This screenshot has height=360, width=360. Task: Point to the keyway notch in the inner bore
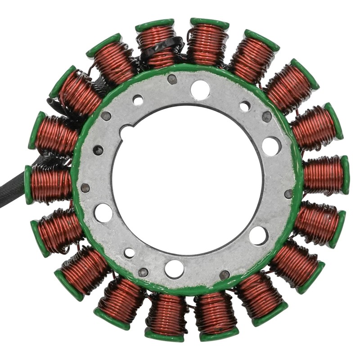pyautogui.click(x=126, y=133)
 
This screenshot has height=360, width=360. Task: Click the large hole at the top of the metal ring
pyautogui.click(x=200, y=90)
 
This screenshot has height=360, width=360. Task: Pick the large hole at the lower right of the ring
pyautogui.click(x=259, y=235)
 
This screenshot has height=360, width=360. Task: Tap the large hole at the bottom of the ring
pyautogui.click(x=174, y=269)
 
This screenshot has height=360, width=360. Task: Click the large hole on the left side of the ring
pyautogui.click(x=103, y=213)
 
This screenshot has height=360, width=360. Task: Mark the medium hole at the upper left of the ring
pyautogui.click(x=138, y=100)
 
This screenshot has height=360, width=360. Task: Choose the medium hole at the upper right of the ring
pyautogui.click(x=245, y=106)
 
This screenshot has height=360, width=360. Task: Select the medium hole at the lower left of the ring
pyautogui.click(x=130, y=253)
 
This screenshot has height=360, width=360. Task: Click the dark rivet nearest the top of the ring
pyautogui.click(x=172, y=79)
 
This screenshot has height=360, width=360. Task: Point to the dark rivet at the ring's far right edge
pyautogui.click(x=288, y=193)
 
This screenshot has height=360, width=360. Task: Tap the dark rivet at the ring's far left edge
pyautogui.click(x=85, y=188)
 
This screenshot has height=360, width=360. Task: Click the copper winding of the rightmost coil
pyautogui.click(x=323, y=175)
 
